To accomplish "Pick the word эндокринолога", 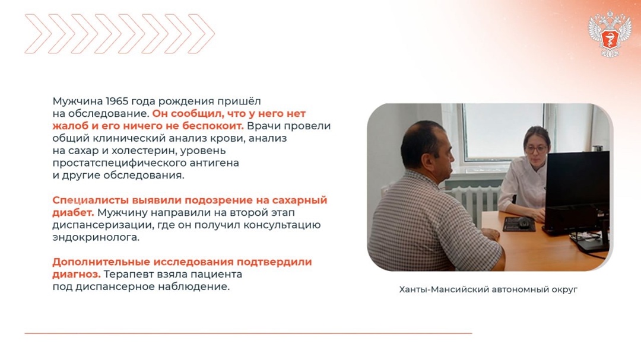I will point(96,237).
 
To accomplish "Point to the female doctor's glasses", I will point(536,149).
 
